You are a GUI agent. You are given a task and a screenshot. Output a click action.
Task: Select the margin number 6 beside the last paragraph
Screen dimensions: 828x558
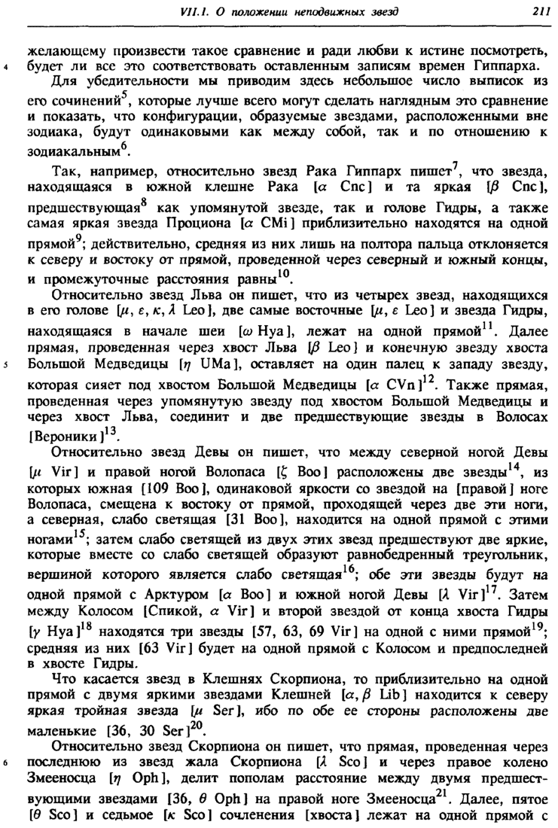[6, 763]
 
